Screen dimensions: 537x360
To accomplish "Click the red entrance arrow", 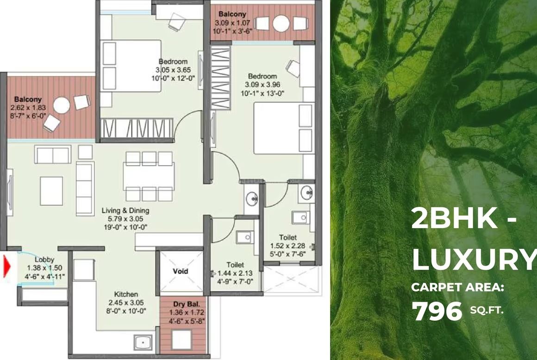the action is click(x=7, y=266).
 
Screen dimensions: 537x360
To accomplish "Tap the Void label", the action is click(x=180, y=271).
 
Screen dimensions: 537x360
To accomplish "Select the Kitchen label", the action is click(x=126, y=294).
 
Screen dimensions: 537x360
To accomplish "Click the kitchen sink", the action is click(x=143, y=342).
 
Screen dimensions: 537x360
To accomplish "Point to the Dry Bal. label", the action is click(x=186, y=304).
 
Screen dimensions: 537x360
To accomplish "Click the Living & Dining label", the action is click(x=125, y=211).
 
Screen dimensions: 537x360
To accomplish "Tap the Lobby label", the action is click(x=44, y=260).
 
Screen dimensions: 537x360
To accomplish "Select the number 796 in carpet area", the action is click(x=437, y=311).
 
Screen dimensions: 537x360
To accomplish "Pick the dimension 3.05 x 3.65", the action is click(x=173, y=70).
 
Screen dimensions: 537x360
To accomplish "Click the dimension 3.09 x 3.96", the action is click(x=262, y=85).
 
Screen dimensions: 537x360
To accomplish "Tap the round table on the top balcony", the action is click(x=281, y=24).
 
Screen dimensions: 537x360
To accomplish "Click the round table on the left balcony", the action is click(x=62, y=106).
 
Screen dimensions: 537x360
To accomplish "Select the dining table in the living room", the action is click(x=149, y=176).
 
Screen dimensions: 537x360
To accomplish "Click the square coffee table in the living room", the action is click(x=51, y=191).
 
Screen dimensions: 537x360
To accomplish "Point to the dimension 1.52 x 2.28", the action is click(x=287, y=246).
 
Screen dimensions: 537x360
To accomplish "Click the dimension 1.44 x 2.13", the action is click(x=235, y=273).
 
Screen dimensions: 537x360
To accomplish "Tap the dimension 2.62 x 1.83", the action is click(x=28, y=107).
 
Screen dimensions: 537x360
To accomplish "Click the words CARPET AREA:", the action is click(x=457, y=287).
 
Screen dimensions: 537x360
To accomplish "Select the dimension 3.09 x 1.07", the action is click(x=232, y=23).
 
